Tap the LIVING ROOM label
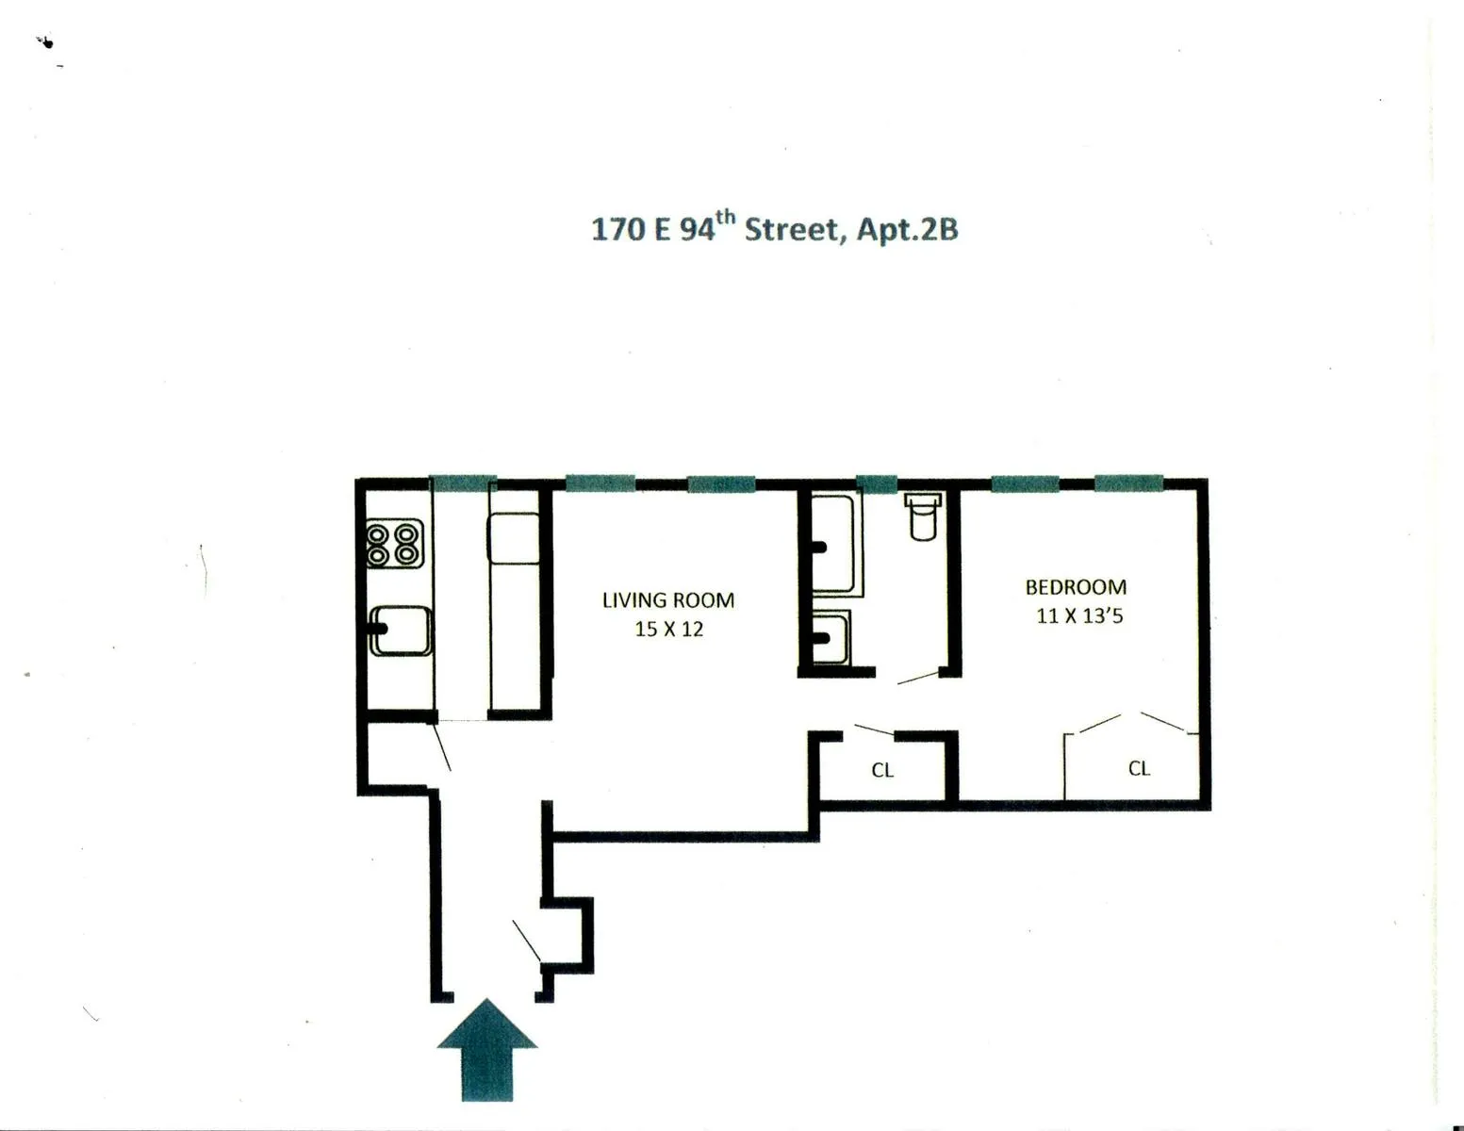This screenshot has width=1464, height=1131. (x=667, y=600)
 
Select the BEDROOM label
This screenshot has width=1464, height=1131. (x=1076, y=587)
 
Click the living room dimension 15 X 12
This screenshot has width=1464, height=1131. (x=668, y=630)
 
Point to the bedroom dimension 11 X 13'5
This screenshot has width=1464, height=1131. (x=1079, y=616)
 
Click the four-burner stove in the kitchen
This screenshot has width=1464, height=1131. (x=393, y=543)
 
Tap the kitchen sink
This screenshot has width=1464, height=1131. (x=401, y=631)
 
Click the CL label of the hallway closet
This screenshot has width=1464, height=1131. (x=882, y=771)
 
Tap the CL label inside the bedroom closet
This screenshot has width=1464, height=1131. (x=1139, y=769)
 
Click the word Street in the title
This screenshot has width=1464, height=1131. (x=791, y=230)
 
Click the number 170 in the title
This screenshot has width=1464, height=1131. (x=617, y=230)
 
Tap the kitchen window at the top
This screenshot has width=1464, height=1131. (x=463, y=484)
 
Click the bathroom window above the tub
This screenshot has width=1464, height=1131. (x=876, y=484)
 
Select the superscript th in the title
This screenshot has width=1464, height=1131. (x=725, y=219)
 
